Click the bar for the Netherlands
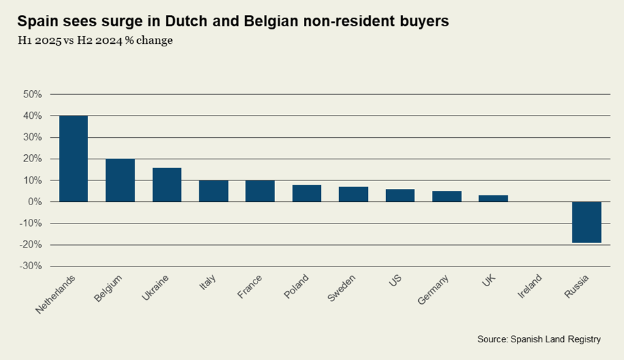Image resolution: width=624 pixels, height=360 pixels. click(x=73, y=159)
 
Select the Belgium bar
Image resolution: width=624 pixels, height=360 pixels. click(x=120, y=180)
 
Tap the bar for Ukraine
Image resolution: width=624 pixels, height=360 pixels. click(x=167, y=185)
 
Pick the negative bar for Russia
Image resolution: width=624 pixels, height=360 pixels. click(x=586, y=222)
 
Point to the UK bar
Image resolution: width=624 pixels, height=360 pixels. click(x=493, y=199)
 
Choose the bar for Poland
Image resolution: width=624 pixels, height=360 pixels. click(x=306, y=193)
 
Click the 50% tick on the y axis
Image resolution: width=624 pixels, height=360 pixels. click(x=32, y=94)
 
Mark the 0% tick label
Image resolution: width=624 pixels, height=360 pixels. click(x=35, y=202)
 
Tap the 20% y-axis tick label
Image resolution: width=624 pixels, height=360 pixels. click(x=32, y=159)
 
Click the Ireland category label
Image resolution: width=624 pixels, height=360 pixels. click(x=531, y=287)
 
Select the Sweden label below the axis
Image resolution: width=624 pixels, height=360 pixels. click(x=342, y=288)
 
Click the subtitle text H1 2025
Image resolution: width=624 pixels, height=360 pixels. click(x=40, y=41)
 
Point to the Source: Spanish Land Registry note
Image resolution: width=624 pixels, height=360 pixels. click(x=539, y=339)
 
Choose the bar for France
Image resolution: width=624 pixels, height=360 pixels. click(x=260, y=191)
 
